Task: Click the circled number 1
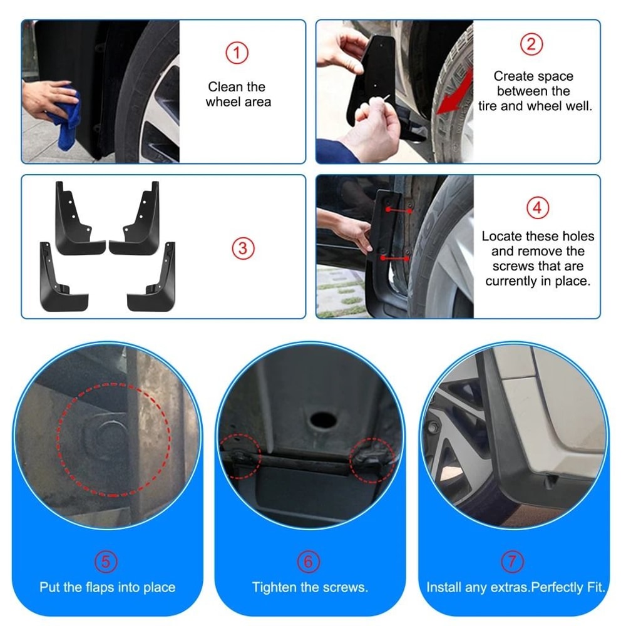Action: pyautogui.click(x=237, y=53)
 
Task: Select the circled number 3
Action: pyautogui.click(x=244, y=249)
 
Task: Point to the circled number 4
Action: pyautogui.click(x=537, y=208)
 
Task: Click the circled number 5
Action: pyautogui.click(x=106, y=562)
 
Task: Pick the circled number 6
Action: pyautogui.click(x=308, y=562)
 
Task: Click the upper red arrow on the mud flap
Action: pyautogui.click(x=399, y=210)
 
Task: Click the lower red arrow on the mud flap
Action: pyautogui.click(x=395, y=257)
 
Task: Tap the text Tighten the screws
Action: pyautogui.click(x=310, y=588)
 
